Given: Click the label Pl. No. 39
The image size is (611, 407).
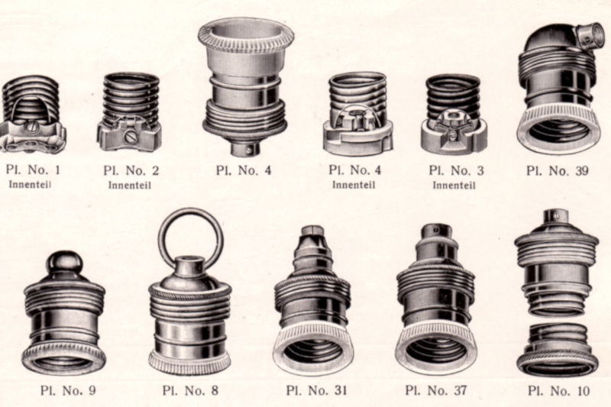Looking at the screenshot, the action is tap(557, 170).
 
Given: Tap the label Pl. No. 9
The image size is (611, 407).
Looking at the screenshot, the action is tap(68, 390).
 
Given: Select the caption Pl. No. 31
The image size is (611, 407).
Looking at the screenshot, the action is tap(316, 390).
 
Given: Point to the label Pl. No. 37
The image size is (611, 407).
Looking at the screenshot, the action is tap(435, 390).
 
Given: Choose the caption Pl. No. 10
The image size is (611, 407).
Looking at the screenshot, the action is tap(559, 391).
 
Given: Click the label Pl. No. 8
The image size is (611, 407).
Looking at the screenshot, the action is tap(190, 390).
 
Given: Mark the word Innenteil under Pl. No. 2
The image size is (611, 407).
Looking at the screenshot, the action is tap(129, 185).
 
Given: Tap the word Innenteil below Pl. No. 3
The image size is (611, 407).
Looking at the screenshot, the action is tap(454, 185).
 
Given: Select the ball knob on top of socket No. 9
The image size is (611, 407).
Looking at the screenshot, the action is tap(65, 263).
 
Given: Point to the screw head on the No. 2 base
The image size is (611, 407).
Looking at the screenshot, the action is tap(129, 137).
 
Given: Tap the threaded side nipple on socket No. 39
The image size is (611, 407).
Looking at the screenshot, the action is tap(591, 34).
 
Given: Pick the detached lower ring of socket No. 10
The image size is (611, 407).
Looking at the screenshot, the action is tap(558, 350).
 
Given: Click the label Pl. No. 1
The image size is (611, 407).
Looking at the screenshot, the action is tap(33, 170).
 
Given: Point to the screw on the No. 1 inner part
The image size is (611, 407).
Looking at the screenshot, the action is tap(30, 127).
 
